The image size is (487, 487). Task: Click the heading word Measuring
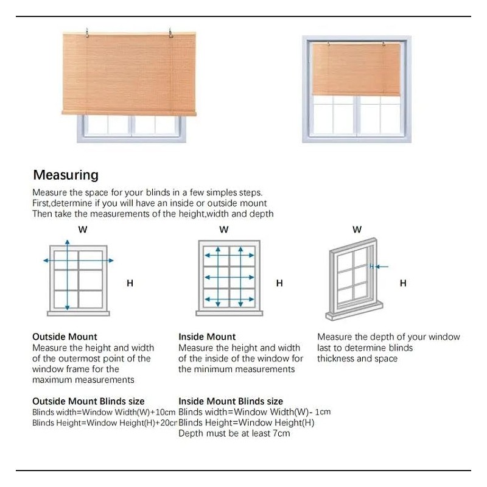tap(65, 175)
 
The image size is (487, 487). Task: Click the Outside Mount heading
tap(65, 337)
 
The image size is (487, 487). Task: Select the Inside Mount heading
tap(207, 337)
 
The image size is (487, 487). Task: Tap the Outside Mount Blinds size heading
tap(88, 401)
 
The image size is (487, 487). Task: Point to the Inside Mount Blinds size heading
tap(231, 401)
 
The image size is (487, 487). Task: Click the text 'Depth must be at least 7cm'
tap(234, 433)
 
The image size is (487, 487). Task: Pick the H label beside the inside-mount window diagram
tap(279, 283)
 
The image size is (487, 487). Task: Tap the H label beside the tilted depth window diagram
tap(403, 283)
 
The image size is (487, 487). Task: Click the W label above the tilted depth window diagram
tap(357, 229)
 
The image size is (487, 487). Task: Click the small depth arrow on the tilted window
tap(379, 266)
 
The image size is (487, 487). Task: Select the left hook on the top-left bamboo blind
tap(88, 30)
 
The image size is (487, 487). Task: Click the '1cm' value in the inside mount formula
tap(323, 412)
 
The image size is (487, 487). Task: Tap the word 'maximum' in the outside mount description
tap(52, 380)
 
